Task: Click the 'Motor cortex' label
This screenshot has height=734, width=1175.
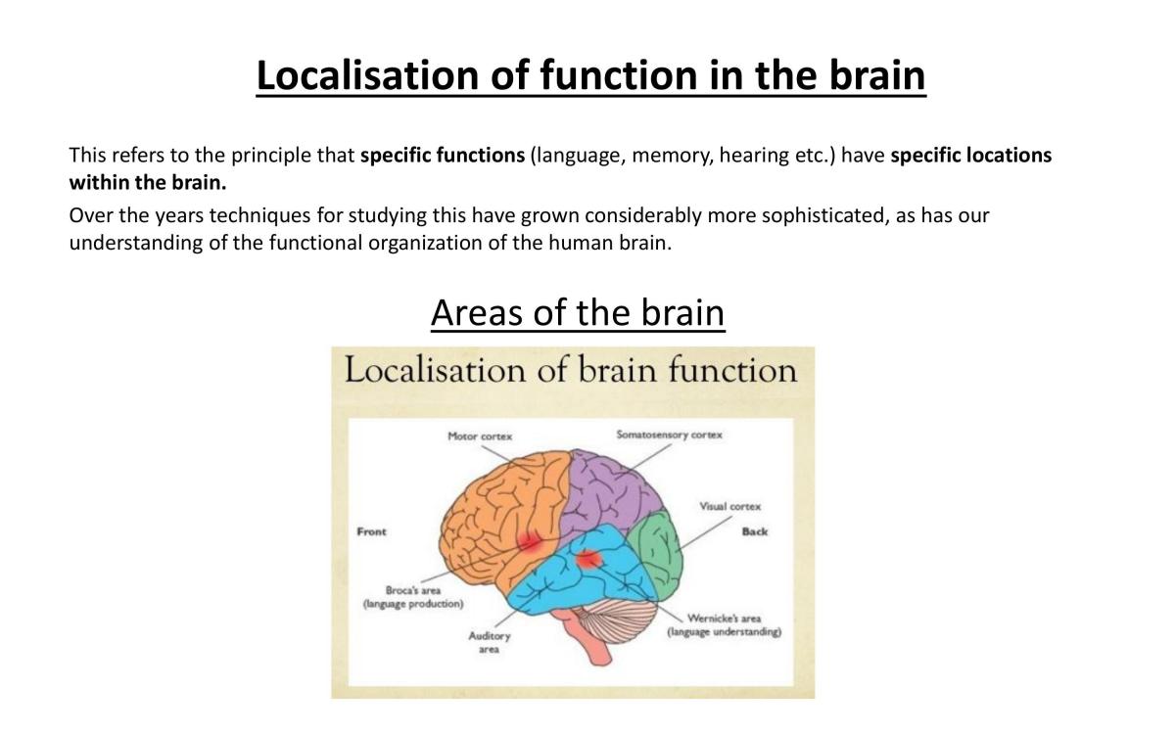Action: (x=480, y=436)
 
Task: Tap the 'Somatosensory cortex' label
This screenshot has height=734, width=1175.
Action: (x=670, y=435)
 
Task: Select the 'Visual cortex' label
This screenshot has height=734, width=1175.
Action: (x=729, y=507)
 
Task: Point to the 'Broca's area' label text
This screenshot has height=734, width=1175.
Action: (x=413, y=590)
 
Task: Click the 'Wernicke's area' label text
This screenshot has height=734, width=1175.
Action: (x=724, y=619)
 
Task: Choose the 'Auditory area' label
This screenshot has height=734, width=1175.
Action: (x=489, y=642)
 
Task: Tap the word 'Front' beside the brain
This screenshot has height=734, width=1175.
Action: (x=371, y=531)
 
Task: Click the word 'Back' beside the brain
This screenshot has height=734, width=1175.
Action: (x=754, y=531)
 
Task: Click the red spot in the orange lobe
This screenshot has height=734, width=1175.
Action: (x=530, y=542)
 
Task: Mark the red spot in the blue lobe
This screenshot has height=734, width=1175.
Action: (x=589, y=560)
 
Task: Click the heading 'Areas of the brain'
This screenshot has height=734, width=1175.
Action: (x=578, y=312)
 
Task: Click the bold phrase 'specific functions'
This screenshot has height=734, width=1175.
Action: (x=443, y=156)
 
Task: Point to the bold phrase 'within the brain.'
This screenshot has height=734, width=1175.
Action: (x=148, y=182)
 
